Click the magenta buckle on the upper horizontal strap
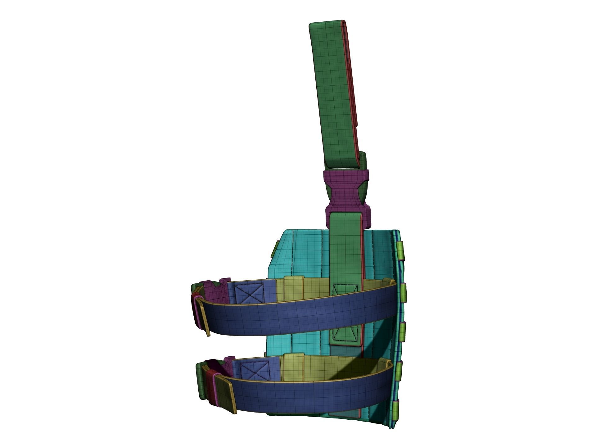[214, 290]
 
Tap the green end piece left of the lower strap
[201, 382]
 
